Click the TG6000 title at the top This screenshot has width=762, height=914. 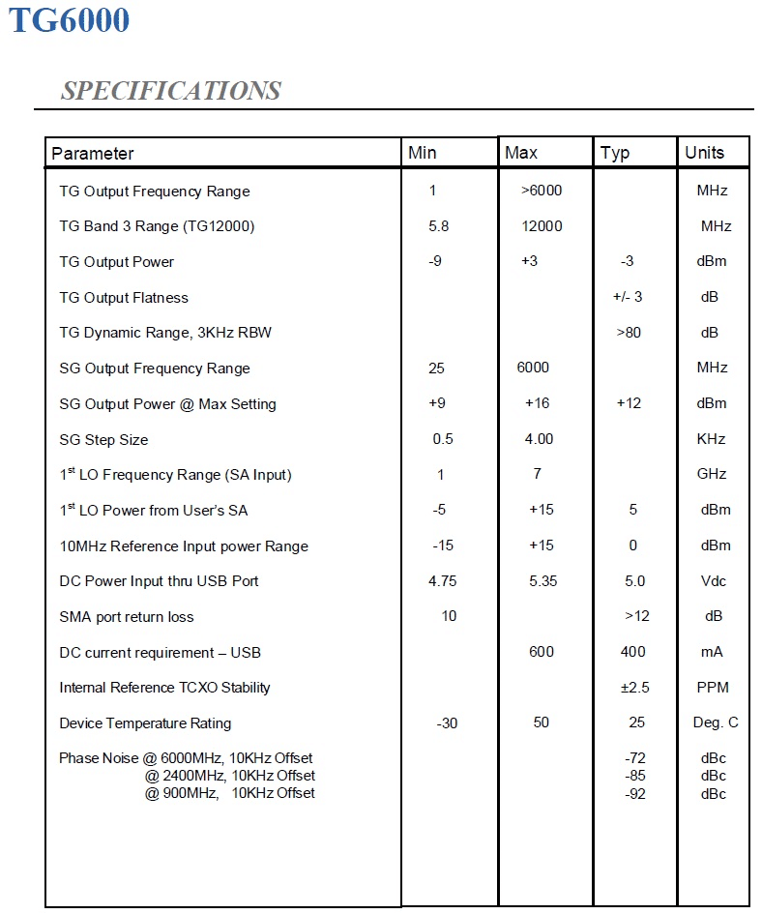tap(69, 21)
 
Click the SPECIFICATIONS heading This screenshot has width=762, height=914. tap(170, 91)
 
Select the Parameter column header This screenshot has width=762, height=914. tap(93, 153)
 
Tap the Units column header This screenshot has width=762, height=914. tap(704, 152)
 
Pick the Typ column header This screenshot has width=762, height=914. tap(615, 152)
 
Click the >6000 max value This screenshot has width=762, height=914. tap(541, 191)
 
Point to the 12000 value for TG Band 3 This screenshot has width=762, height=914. tap(541, 226)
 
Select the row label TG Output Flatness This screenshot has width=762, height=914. tap(124, 298)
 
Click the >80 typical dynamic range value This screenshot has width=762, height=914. tap(629, 333)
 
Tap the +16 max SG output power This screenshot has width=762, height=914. tap(538, 403)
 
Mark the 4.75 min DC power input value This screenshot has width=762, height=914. tap(443, 581)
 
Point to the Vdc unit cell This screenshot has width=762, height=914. tap(713, 581)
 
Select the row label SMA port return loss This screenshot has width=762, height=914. tap(127, 617)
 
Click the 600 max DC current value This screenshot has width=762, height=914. tap(542, 652)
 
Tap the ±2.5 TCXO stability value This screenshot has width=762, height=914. tap(634, 688)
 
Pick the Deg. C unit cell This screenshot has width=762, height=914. tap(715, 723)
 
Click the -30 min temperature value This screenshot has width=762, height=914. tap(447, 723)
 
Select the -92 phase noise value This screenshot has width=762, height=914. tap(634, 794)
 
